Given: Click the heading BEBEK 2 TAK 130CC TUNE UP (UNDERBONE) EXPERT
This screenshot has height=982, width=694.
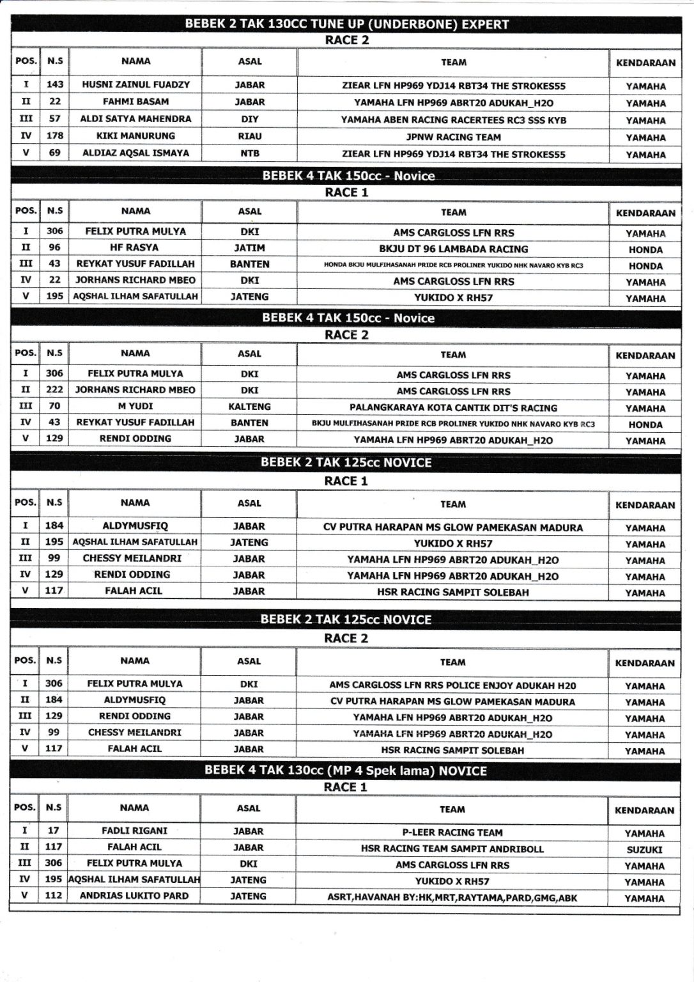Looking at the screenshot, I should click(x=346, y=24).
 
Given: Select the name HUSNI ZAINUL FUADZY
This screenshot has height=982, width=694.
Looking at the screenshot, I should click(x=135, y=84).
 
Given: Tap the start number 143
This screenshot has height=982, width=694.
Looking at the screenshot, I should click(x=55, y=84).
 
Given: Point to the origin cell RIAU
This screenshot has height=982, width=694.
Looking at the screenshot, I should click(x=249, y=136).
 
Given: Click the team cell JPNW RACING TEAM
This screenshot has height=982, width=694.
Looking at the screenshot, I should click(x=453, y=137).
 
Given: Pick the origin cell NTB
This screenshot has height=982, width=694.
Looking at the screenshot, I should click(x=249, y=153).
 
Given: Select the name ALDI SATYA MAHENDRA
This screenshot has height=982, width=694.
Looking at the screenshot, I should click(x=135, y=119).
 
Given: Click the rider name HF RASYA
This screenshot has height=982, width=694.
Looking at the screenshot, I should click(x=135, y=247).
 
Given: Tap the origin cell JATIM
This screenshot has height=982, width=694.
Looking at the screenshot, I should click(x=249, y=248).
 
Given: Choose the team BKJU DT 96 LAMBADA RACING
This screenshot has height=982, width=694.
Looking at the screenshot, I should click(x=453, y=249).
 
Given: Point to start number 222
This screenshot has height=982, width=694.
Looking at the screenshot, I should click(x=54, y=389).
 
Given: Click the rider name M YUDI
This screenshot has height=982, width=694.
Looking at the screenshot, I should click(x=135, y=406).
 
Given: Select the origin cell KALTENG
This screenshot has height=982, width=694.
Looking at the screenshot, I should click(x=249, y=407).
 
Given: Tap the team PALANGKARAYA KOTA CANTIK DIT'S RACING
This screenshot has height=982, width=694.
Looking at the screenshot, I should click(x=453, y=408).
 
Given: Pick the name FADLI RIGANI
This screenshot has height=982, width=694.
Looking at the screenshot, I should click(x=134, y=830).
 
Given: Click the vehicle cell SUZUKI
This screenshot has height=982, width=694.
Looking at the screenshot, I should click(x=644, y=850).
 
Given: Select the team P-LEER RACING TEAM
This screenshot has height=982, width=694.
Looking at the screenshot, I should click(x=452, y=832).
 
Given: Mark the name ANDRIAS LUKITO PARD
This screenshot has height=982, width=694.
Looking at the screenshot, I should click(x=134, y=896).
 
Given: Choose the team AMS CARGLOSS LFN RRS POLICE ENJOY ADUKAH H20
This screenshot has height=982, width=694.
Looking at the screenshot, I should click(x=452, y=685).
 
